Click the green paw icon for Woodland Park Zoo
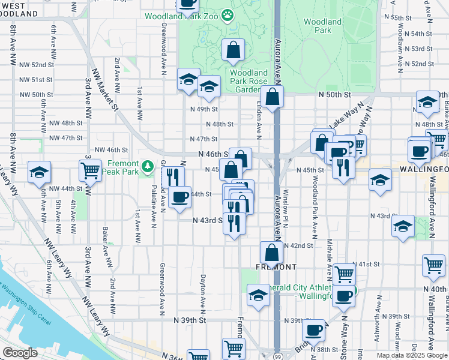[x=228, y=14]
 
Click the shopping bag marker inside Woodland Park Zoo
[x=233, y=50]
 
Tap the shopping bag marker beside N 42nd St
[x=271, y=253]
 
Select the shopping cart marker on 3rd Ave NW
[x=90, y=170]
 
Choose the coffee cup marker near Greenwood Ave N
[x=179, y=197]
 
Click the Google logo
[x=20, y=353]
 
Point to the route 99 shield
[x=277, y=356]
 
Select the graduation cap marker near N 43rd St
[x=403, y=226]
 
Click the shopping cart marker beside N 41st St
[x=433, y=265]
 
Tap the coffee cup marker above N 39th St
[x=313, y=330]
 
